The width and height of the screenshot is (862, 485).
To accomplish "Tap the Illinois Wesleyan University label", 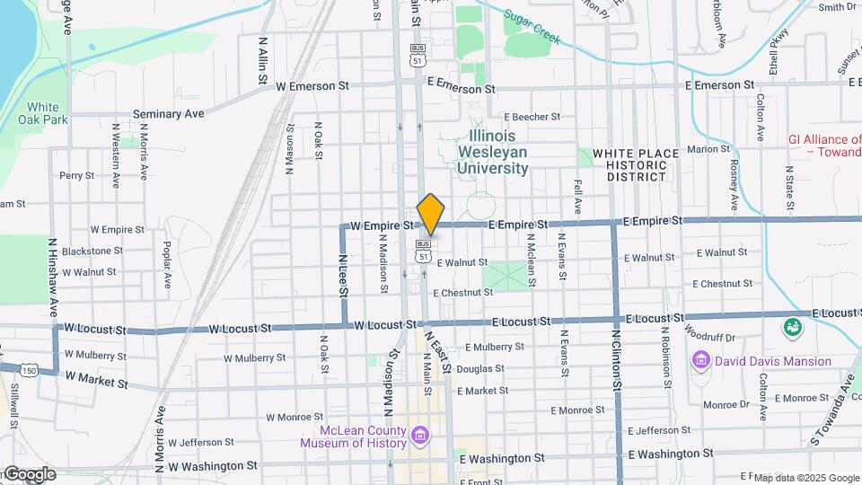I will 493,151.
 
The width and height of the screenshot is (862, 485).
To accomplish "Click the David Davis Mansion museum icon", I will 700,361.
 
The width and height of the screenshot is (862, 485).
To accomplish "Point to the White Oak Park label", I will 42,114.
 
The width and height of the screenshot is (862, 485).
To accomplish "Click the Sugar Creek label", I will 532,28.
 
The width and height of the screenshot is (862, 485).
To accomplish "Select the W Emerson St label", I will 312,86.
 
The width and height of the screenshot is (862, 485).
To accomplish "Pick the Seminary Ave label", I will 168,114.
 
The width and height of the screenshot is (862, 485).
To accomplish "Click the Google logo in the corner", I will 30,474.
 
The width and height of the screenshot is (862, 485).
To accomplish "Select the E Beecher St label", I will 532,117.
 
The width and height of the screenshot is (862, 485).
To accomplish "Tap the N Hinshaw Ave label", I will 54,274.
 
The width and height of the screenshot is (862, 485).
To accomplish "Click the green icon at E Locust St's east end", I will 793,325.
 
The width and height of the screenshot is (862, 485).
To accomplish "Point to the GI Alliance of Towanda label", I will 824,145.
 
